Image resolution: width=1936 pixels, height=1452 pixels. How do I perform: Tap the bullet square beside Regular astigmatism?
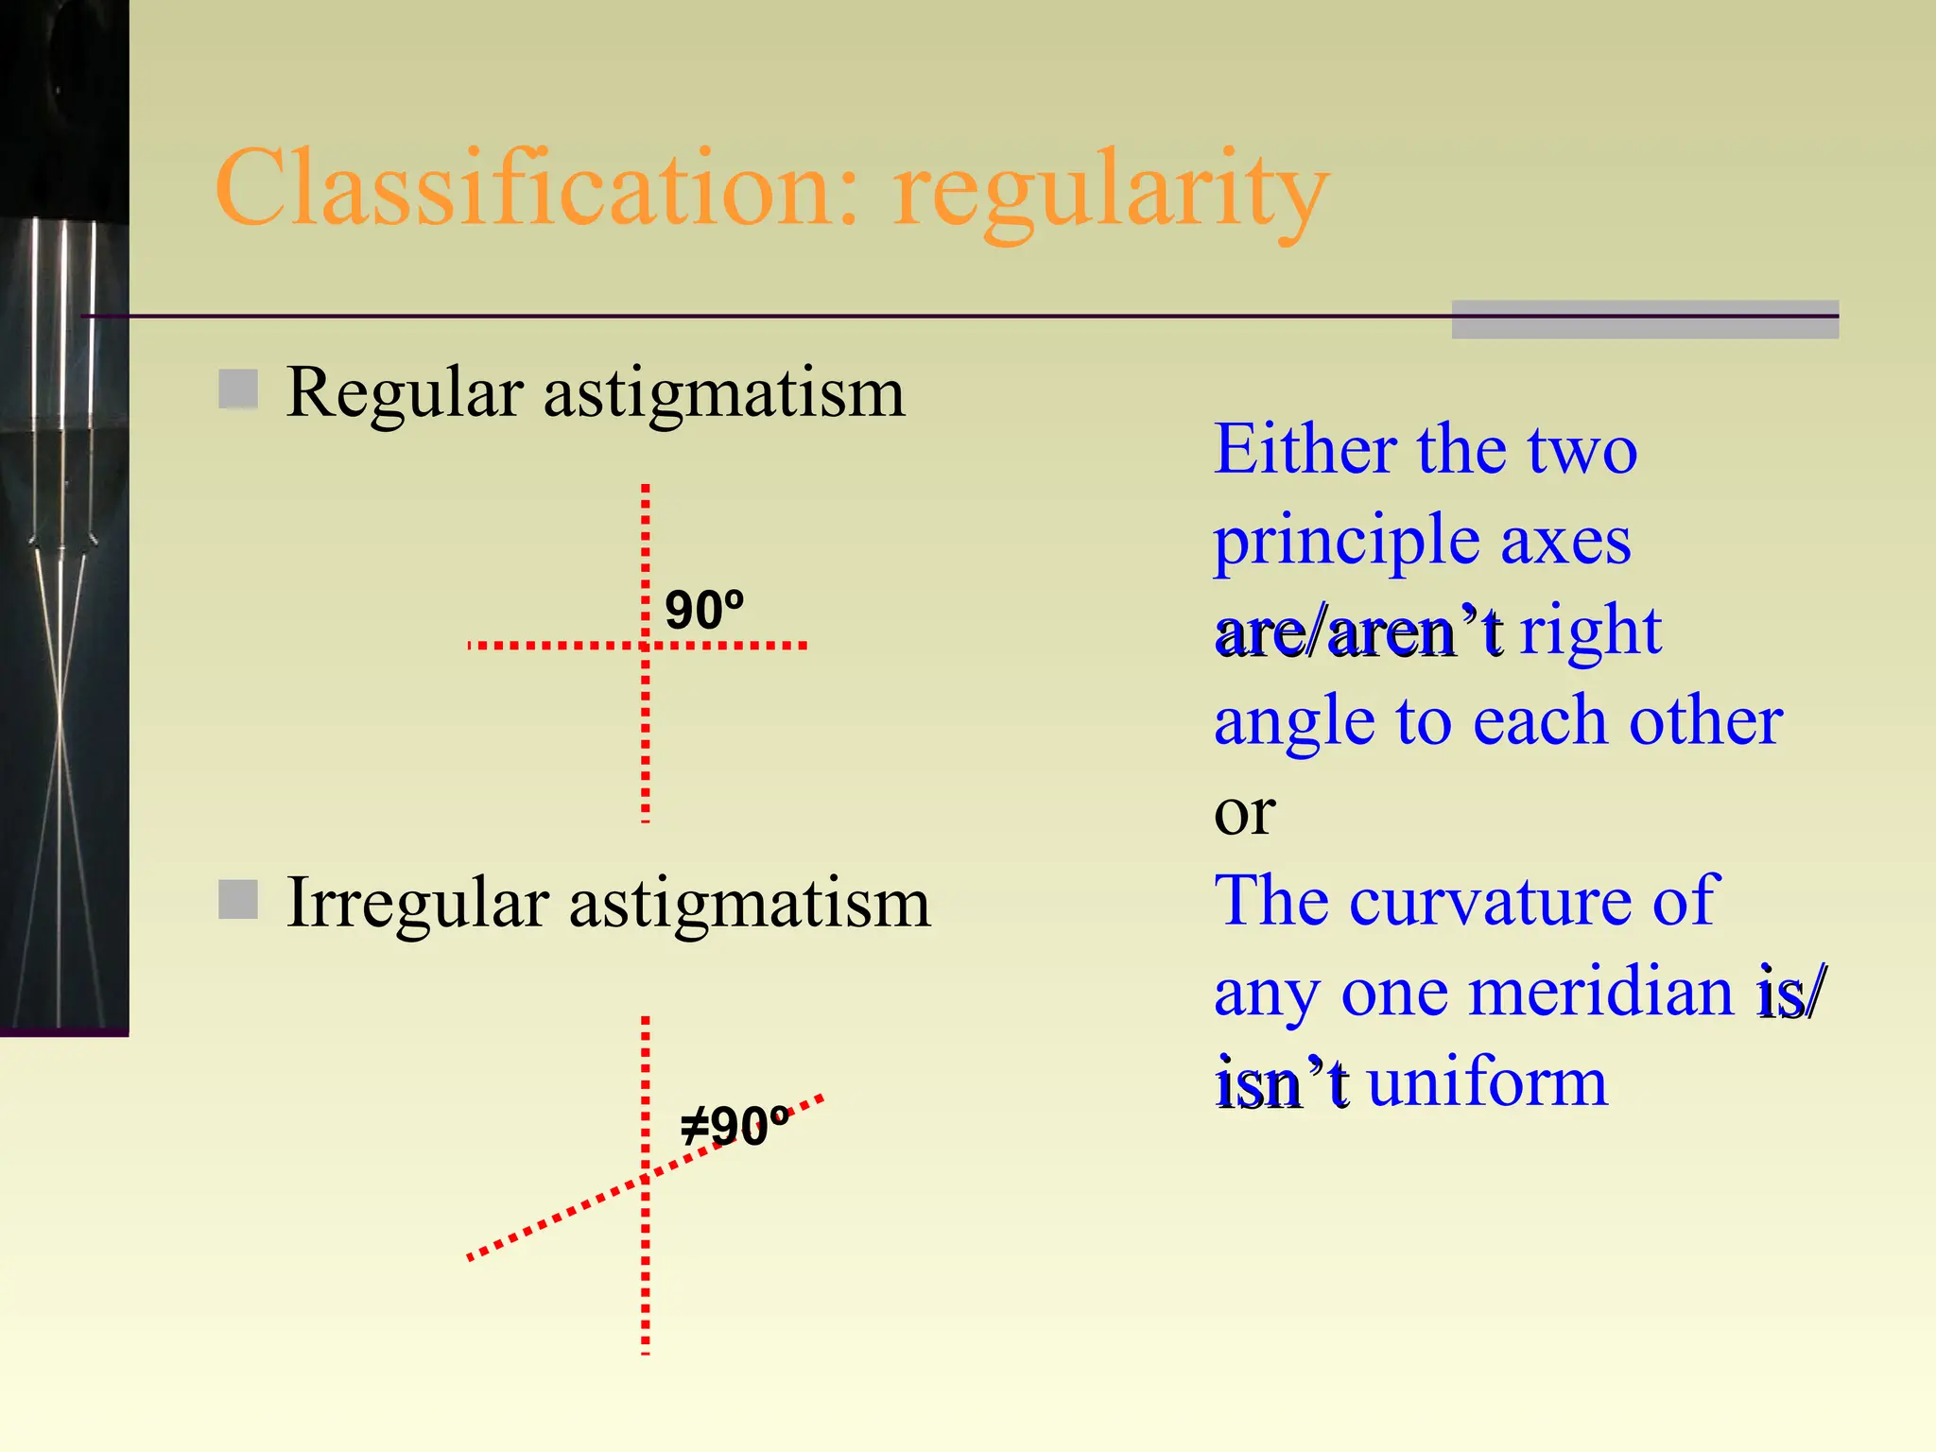click(238, 389)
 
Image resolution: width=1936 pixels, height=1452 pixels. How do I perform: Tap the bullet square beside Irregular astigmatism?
click(238, 899)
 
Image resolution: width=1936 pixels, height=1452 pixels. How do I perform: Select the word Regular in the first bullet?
click(405, 392)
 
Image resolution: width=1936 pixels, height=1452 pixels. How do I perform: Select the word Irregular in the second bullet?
click(417, 903)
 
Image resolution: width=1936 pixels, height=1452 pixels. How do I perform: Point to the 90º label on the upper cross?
click(704, 610)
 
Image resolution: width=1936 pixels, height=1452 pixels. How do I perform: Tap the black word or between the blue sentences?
click(1244, 813)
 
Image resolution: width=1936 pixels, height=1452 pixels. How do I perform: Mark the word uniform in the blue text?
click(1487, 1082)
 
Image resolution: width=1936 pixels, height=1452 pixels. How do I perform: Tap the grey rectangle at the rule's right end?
click(1645, 320)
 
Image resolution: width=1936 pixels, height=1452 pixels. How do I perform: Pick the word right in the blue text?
click(1590, 631)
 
